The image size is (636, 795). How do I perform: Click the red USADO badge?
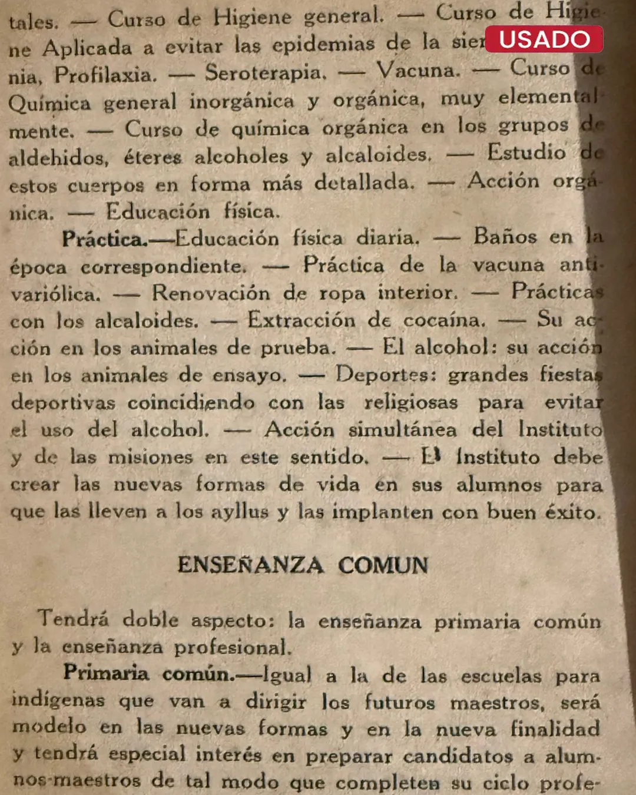(544, 39)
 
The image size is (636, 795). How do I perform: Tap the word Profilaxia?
(105, 75)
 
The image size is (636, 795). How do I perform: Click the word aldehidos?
(58, 157)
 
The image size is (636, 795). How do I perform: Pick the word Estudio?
(526, 153)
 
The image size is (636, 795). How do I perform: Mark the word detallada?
(364, 182)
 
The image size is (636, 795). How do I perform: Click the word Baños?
(505, 237)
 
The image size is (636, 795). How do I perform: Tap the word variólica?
(55, 293)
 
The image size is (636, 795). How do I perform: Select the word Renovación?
(211, 292)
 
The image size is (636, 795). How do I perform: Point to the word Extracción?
(301, 320)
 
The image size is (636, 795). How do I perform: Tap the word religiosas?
(410, 402)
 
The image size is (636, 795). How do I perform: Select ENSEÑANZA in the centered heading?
(250, 565)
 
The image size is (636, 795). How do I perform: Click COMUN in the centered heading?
(383, 565)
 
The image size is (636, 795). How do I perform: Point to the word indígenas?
(58, 701)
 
